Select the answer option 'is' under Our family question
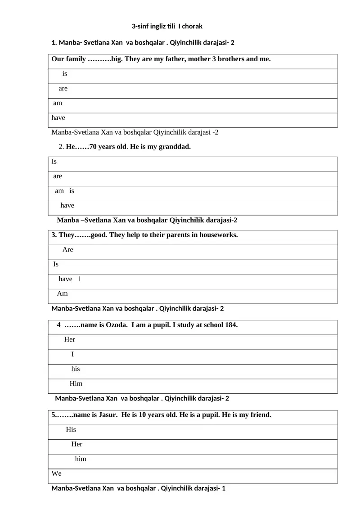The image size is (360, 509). (65, 74)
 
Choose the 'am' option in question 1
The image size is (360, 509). (58, 103)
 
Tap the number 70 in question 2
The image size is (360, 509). (94, 147)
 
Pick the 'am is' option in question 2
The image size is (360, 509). (64, 191)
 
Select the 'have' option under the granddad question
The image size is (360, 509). (67, 206)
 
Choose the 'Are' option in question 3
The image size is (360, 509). (67, 250)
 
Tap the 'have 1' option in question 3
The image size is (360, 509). (70, 279)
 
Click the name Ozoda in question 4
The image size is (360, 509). (116, 325)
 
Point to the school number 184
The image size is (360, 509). (230, 325)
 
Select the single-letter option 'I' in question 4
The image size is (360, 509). (73, 354)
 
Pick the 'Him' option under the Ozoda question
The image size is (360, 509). (76, 384)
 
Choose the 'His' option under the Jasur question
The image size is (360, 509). (71, 430)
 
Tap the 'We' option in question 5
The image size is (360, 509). (57, 474)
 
